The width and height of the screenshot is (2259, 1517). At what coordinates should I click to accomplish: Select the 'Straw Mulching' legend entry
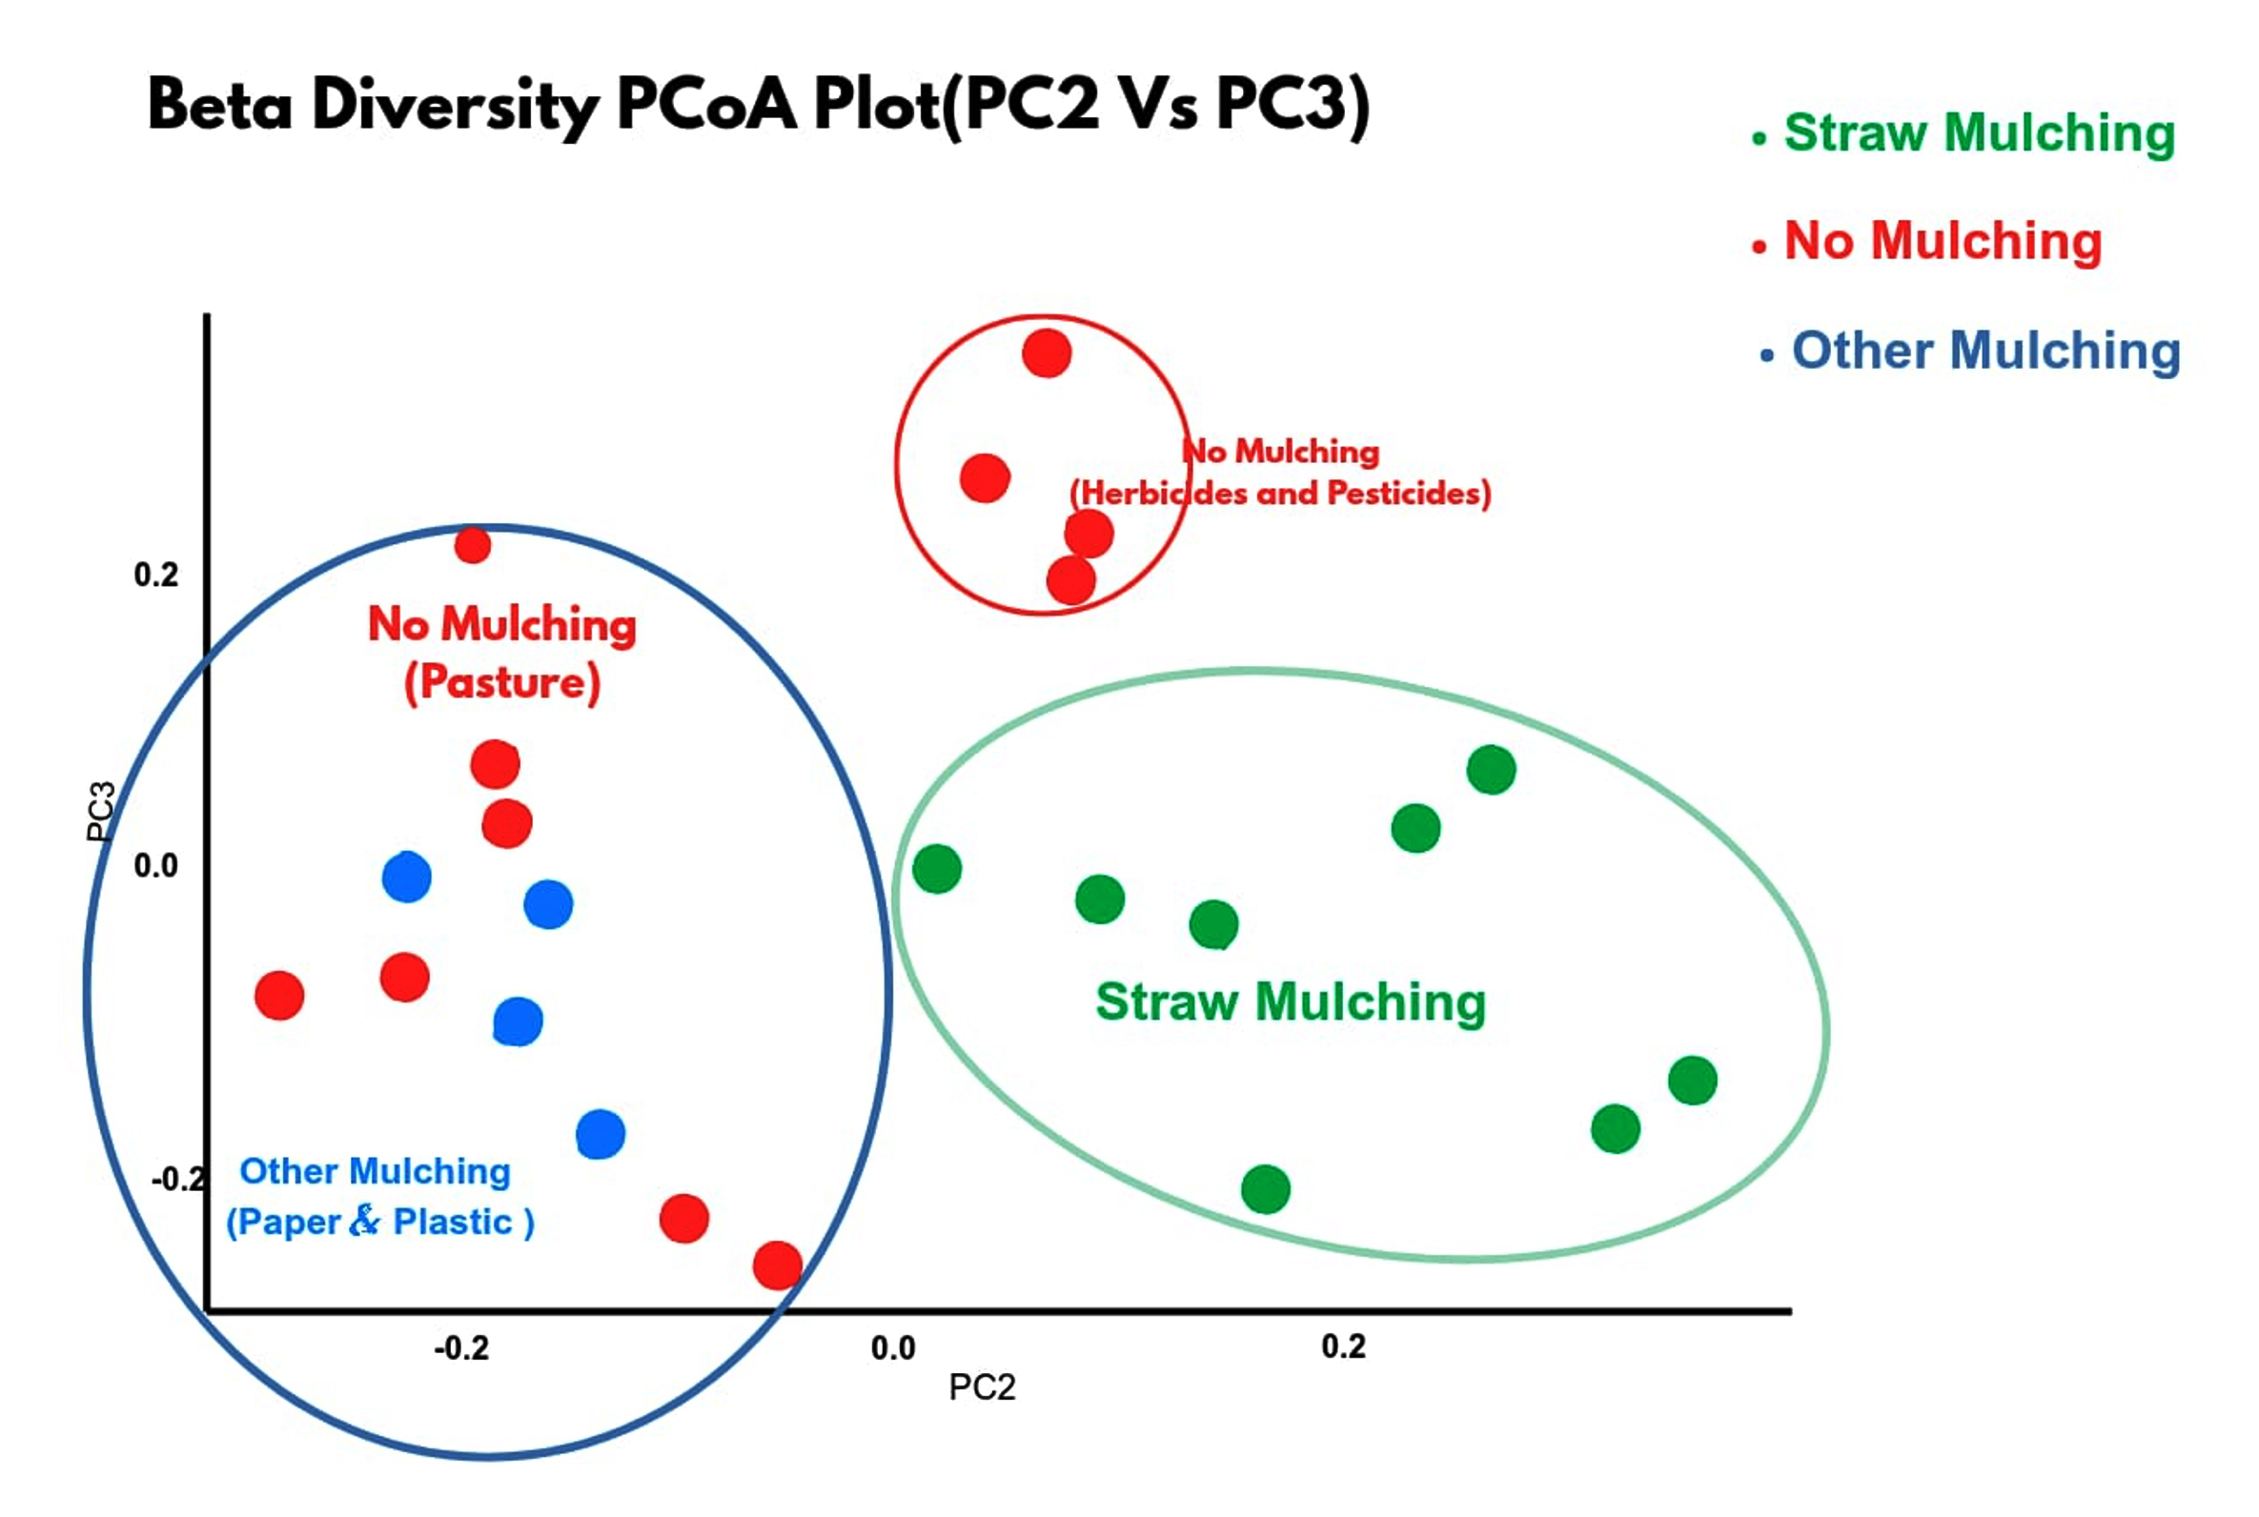tap(1978, 132)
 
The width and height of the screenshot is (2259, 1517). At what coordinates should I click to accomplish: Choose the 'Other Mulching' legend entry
tap(1984, 351)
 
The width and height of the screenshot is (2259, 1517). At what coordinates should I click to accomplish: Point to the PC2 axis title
tap(981, 1387)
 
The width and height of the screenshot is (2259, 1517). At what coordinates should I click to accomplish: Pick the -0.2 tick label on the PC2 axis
tap(461, 1347)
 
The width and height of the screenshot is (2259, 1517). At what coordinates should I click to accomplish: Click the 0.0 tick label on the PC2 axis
tap(892, 1347)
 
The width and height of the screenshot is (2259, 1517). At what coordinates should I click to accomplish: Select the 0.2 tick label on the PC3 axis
tap(155, 575)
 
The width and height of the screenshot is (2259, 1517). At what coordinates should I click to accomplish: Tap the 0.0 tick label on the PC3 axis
tap(155, 865)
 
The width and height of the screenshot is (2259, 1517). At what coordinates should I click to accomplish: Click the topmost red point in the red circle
tap(1046, 354)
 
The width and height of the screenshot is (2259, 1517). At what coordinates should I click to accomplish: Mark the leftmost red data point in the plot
tap(279, 996)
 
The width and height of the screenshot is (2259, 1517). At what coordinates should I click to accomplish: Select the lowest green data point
tap(1265, 1189)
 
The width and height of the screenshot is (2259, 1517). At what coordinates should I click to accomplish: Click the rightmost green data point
tap(1692, 1081)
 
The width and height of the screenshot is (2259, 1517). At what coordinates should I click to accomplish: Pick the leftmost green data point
tap(937, 869)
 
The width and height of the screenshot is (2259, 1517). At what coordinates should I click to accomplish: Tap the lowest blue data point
tap(600, 1134)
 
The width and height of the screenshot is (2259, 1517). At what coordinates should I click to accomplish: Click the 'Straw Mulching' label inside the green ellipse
tap(1290, 1002)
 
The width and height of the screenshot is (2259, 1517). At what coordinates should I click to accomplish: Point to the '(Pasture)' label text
tap(502, 683)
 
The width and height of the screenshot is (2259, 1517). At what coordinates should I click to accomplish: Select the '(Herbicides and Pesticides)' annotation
tap(1280, 494)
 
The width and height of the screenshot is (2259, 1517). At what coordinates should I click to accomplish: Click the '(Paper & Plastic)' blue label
tap(379, 1222)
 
